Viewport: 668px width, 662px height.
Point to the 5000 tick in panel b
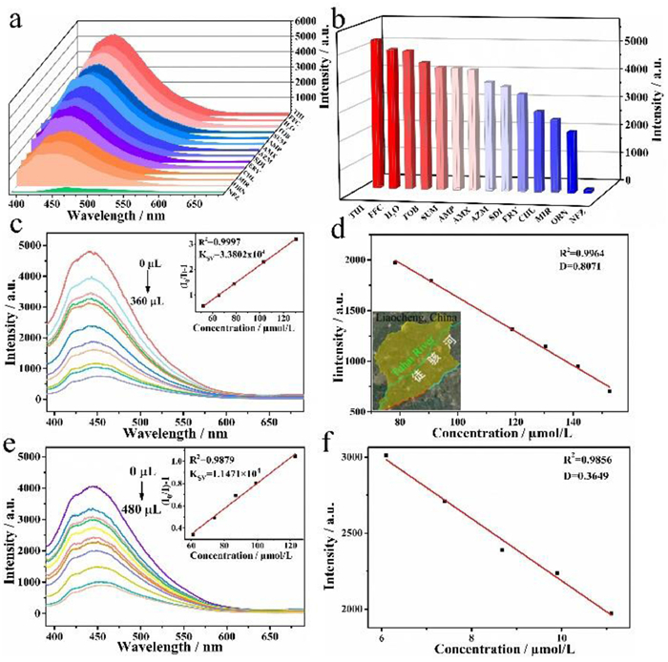click(x=632, y=42)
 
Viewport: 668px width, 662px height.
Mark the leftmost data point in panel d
click(x=395, y=262)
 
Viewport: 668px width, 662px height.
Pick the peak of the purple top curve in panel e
click(x=93, y=486)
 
